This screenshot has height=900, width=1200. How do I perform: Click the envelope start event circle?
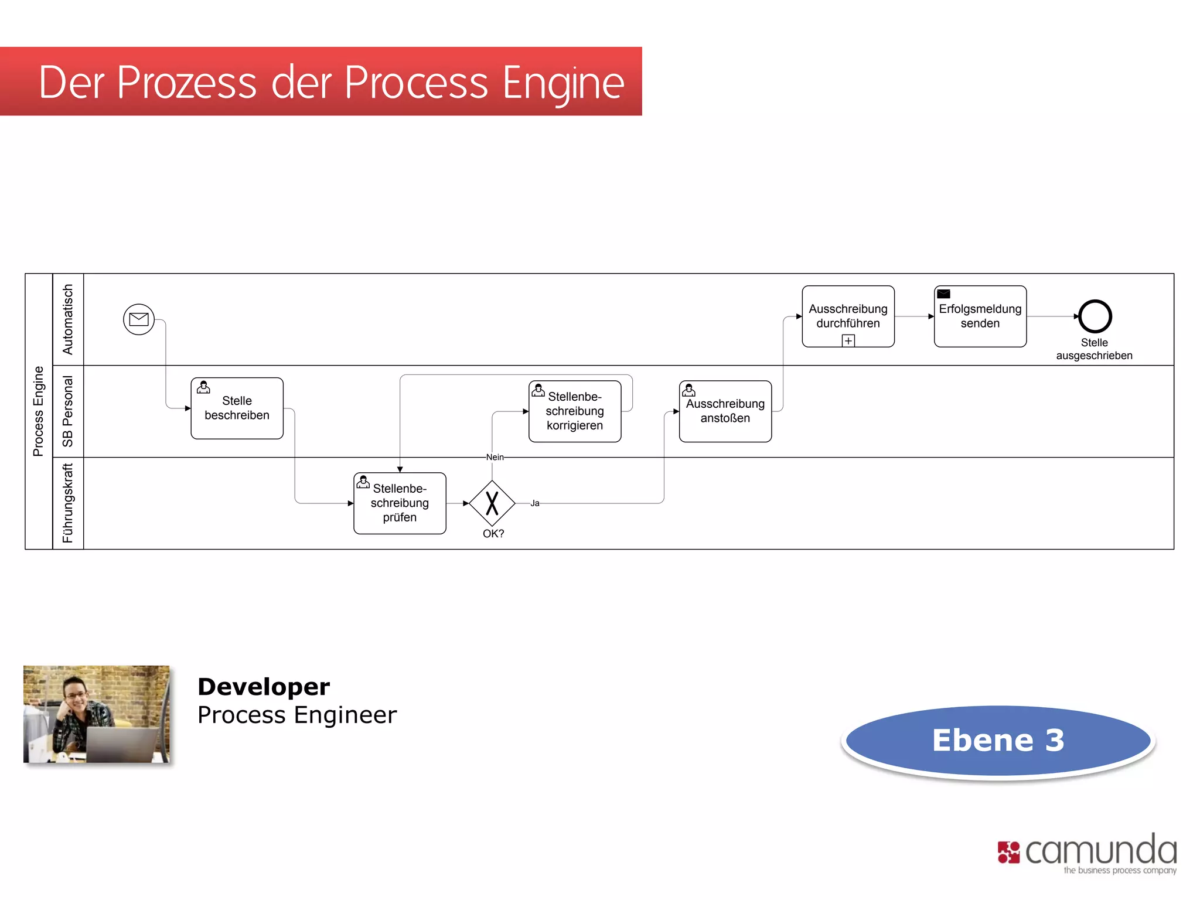click(x=139, y=319)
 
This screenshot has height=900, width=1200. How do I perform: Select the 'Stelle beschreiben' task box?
click(x=237, y=408)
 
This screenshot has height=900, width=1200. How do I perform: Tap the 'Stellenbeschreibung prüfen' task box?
click(x=400, y=503)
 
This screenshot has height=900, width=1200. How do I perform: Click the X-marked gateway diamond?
click(x=492, y=503)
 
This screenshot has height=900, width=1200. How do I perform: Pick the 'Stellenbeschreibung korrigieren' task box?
click(x=574, y=411)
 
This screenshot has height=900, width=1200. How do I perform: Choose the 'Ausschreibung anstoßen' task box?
click(x=725, y=411)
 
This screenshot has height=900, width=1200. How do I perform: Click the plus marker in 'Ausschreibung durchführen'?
click(x=848, y=340)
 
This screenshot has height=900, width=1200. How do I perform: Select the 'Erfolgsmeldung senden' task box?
click(x=980, y=316)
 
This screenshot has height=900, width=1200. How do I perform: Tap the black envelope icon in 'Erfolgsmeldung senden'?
click(x=943, y=294)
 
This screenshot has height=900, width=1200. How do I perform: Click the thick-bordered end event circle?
click(x=1095, y=316)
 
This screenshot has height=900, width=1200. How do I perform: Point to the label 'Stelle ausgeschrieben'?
click(x=1094, y=349)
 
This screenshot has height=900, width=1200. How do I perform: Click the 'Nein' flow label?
click(x=495, y=457)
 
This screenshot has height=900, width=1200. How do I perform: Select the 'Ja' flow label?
click(x=534, y=503)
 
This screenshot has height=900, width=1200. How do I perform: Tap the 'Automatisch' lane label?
click(x=68, y=319)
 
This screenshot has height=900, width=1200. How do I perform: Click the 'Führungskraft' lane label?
click(x=68, y=503)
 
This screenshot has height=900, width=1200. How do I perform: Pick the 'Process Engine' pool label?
click(x=39, y=411)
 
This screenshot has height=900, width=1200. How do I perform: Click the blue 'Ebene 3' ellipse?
click(x=998, y=741)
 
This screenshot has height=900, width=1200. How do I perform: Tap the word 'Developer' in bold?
click(x=264, y=687)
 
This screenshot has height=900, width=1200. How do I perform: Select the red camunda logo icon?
click(x=1008, y=852)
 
